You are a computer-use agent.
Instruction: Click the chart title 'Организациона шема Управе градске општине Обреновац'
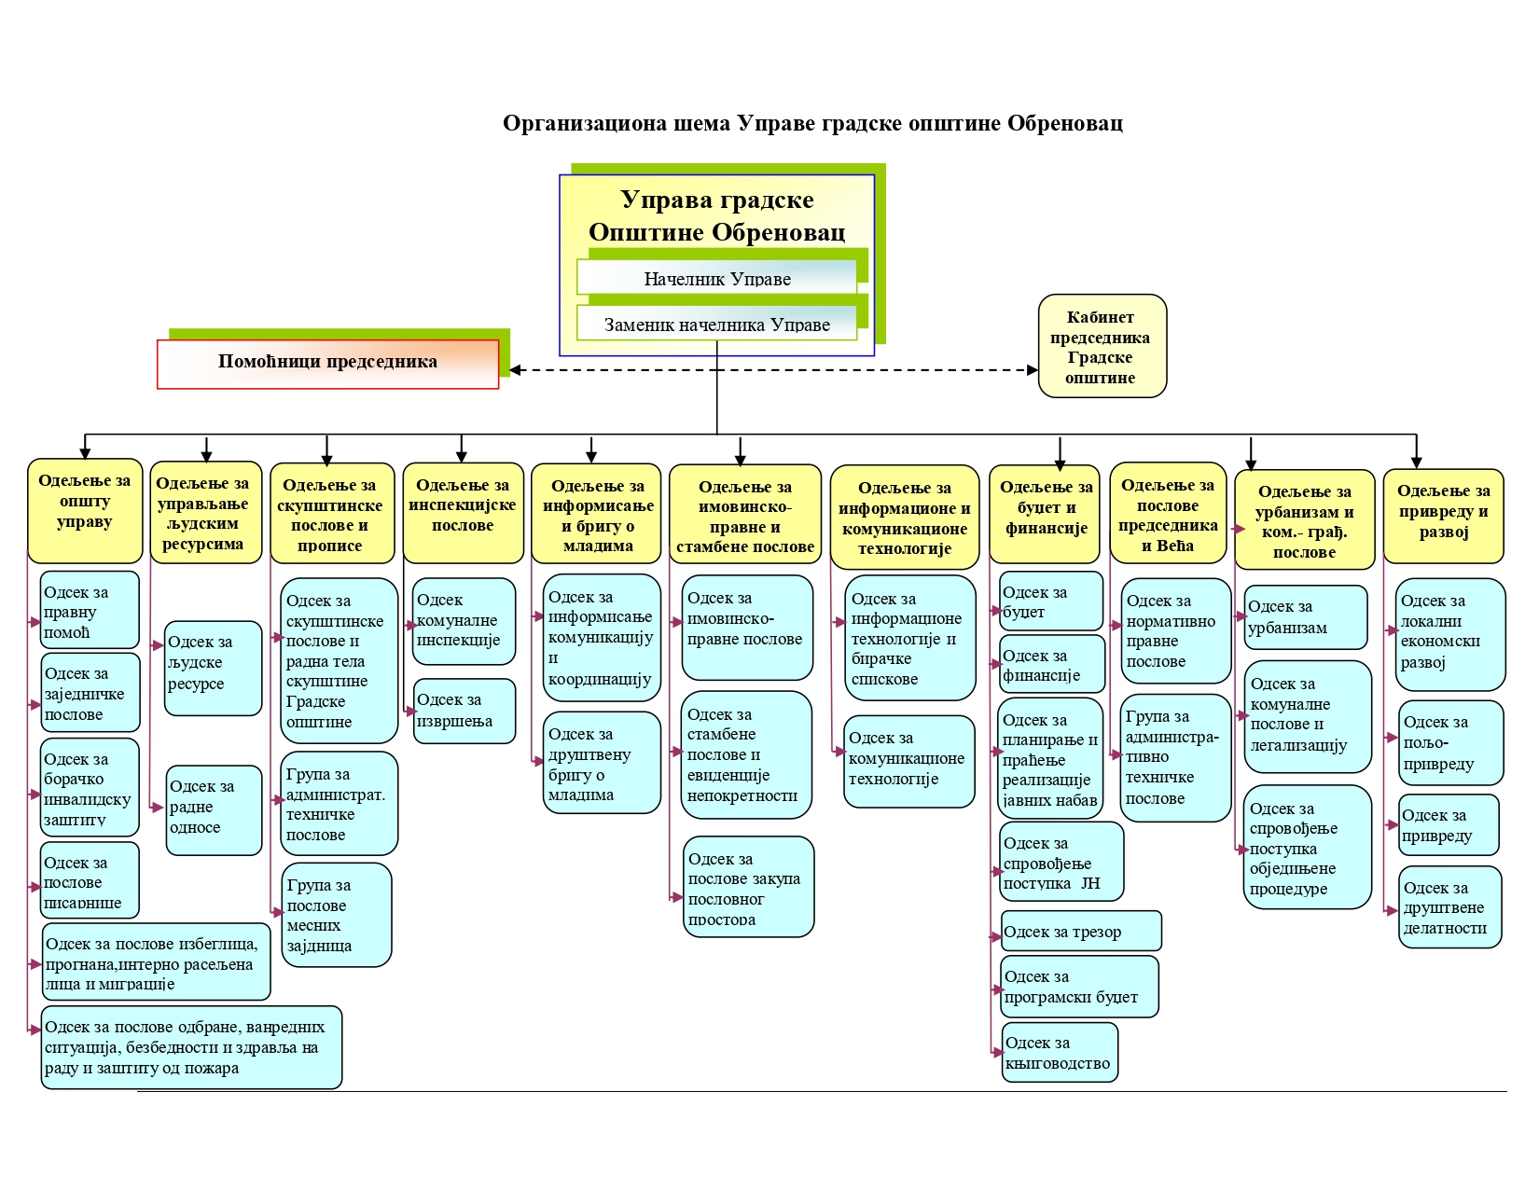coord(812,123)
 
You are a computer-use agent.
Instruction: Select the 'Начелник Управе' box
coord(716,278)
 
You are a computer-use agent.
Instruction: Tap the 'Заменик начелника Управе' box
coord(716,325)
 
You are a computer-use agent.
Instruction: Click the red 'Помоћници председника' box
coord(327,363)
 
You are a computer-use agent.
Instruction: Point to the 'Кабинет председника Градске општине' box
coord(1102,347)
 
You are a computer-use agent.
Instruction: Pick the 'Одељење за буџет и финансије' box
coord(1046,514)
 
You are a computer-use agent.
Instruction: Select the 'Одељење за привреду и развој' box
coord(1443,516)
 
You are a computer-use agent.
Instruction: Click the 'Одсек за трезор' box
coord(1080,932)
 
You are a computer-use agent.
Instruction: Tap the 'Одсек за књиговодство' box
coord(1059,1053)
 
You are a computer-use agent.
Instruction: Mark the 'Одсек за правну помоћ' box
coord(90,611)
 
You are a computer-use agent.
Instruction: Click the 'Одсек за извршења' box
coord(464,711)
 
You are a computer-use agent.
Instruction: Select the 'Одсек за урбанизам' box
coord(1305,617)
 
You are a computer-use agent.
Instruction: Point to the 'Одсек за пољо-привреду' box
coord(1449,743)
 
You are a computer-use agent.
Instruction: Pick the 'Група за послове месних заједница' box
coord(336,915)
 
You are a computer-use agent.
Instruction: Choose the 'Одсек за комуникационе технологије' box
coord(908,761)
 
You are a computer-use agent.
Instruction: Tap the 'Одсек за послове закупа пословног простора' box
coord(748,887)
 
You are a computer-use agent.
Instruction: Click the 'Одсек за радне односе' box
coord(214,809)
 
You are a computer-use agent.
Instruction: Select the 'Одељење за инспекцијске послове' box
coord(463,512)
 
